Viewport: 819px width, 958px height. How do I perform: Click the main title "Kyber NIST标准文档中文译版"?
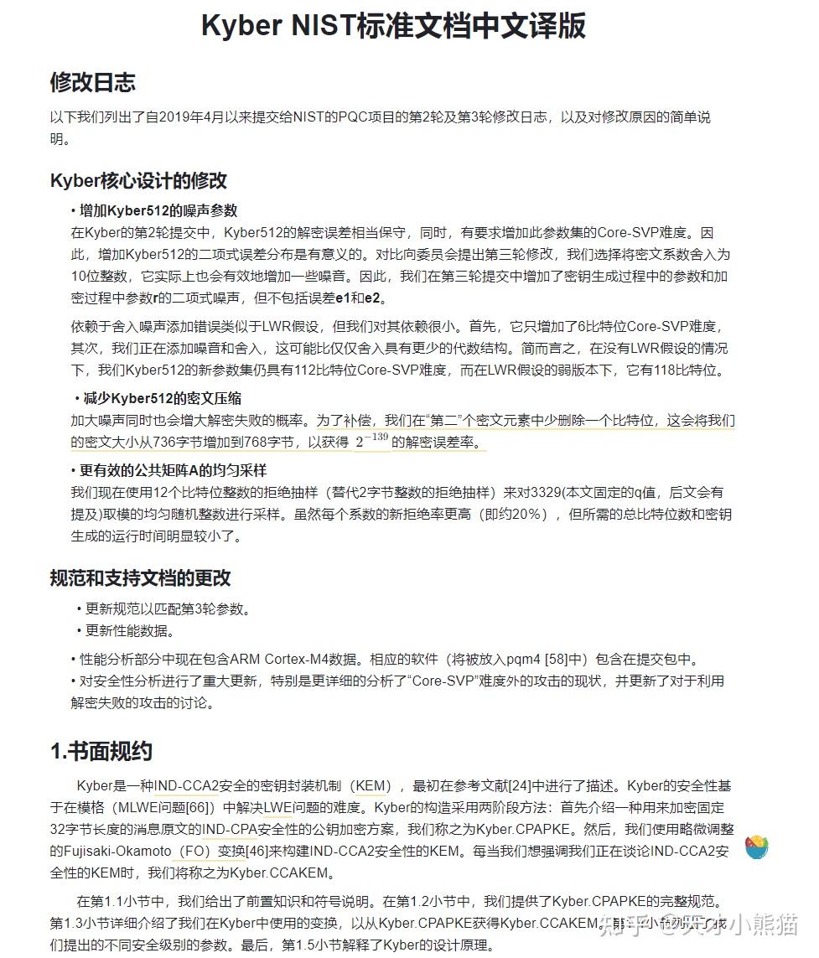pyautogui.click(x=393, y=26)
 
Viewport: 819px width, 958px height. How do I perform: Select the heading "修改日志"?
pyautogui.click(x=92, y=82)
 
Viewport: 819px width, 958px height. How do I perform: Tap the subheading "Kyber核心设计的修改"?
pyautogui.click(x=138, y=180)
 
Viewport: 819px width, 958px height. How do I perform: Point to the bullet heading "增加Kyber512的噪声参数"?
pyautogui.click(x=158, y=210)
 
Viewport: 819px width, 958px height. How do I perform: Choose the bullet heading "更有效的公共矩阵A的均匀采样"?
pyautogui.click(x=173, y=470)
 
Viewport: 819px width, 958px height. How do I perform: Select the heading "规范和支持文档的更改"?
pyautogui.click(x=140, y=577)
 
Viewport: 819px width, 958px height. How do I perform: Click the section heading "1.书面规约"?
pyautogui.click(x=101, y=751)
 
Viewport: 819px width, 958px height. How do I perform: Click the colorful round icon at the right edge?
pyautogui.click(x=757, y=847)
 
